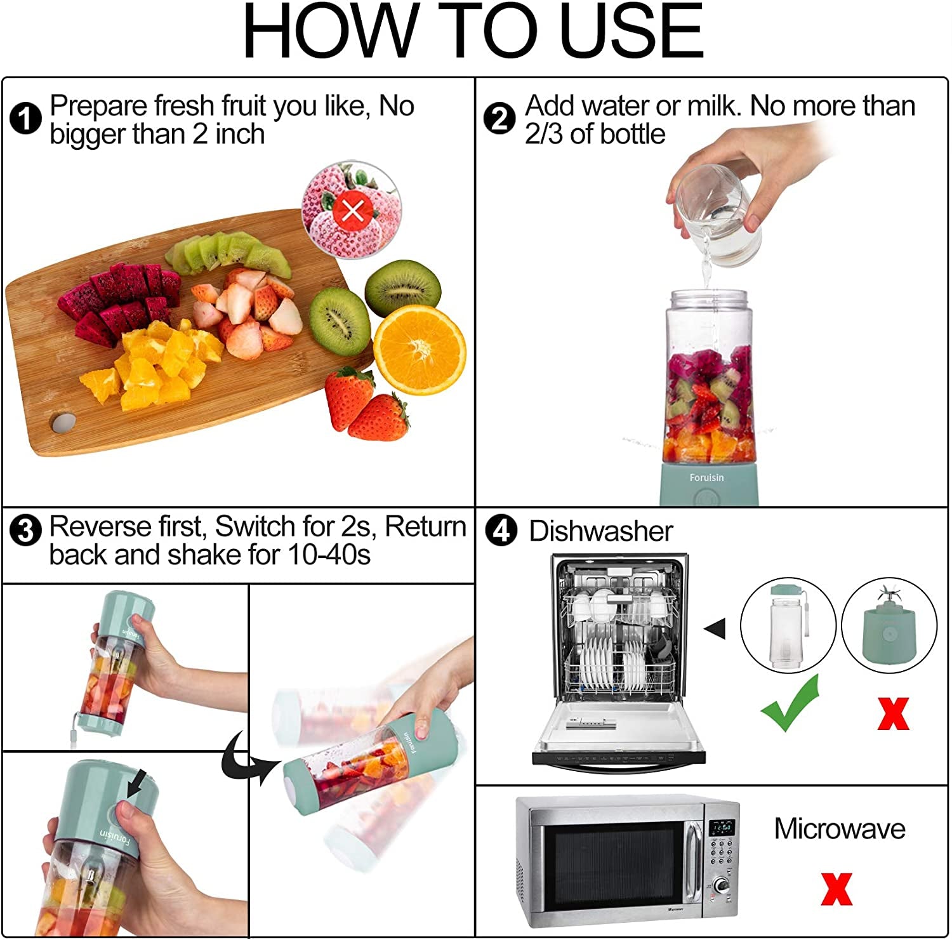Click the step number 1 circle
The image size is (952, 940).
tap(26, 119)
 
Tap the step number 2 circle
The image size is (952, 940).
tap(499, 119)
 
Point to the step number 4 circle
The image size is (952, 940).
tap(501, 530)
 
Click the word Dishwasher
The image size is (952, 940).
tap(600, 531)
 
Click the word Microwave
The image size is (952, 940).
tap(839, 829)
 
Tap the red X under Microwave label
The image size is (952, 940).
tap(836, 889)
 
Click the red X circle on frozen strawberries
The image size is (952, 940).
tap(352, 210)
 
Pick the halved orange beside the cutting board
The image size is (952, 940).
tap(420, 350)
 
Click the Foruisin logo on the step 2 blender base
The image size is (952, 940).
tap(706, 477)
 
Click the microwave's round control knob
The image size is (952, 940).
tap(721, 886)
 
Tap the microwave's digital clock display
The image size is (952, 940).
tap(722, 828)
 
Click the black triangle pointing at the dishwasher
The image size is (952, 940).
tap(716, 628)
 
